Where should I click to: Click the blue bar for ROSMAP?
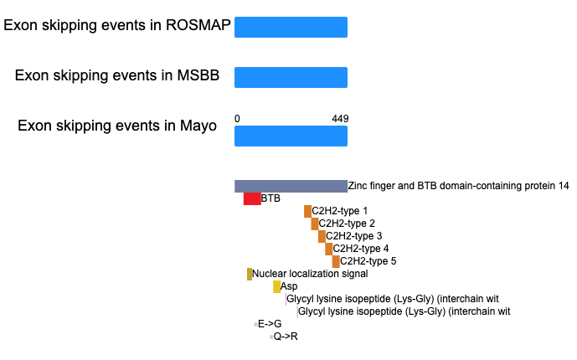291,28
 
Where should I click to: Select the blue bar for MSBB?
291,77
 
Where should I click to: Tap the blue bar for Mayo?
291,136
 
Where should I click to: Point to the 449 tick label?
340,119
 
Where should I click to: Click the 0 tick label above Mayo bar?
237,119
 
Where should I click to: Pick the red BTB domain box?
252,199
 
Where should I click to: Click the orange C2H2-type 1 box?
307,212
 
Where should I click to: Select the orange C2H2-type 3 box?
322,236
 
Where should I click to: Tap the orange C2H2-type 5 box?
336,261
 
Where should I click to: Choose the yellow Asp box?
276,286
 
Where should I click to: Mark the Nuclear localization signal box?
250,274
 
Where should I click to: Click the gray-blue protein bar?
291,187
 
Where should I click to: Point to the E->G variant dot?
255,324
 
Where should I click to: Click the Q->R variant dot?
271,337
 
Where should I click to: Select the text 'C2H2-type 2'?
347,224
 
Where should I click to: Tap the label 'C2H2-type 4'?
361,249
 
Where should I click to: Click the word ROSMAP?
198,25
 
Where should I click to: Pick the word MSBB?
198,75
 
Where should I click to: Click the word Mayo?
198,126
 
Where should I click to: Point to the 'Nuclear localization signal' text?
310,274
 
